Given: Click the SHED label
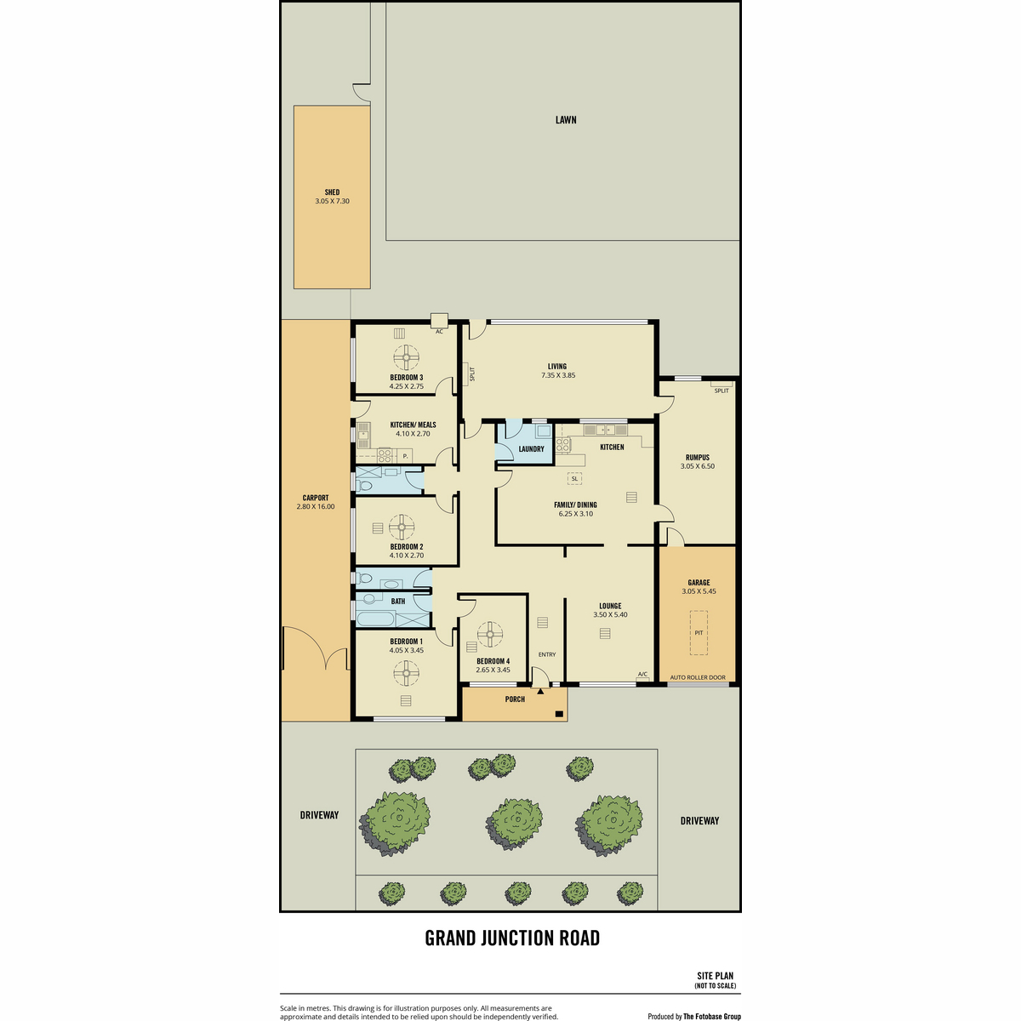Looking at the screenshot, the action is [332, 192].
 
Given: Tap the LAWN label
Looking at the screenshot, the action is [565, 120].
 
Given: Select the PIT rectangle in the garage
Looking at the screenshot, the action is [699, 633].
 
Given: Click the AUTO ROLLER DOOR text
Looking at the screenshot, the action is [698, 677].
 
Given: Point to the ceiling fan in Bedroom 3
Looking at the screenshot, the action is [407, 357].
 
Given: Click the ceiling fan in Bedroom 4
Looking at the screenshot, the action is [490, 634].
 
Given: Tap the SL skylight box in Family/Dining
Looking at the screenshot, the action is [574, 478].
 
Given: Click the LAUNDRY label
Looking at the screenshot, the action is [531, 449].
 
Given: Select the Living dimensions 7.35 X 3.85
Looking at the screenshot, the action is [558, 375].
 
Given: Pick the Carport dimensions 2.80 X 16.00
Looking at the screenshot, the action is [316, 506].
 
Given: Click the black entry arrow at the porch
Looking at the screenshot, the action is [540, 691].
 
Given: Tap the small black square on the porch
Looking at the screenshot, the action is [559, 714].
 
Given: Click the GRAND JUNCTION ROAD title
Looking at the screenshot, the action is [512, 938].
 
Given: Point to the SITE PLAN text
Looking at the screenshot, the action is [716, 976].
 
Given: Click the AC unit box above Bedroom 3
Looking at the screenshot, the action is [439, 321].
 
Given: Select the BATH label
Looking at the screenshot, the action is [398, 602].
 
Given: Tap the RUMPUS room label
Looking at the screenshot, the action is [698, 457].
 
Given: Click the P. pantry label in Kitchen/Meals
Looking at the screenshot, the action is [405, 456].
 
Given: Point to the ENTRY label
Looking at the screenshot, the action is [547, 654].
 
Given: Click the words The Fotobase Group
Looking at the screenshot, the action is [712, 1016].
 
